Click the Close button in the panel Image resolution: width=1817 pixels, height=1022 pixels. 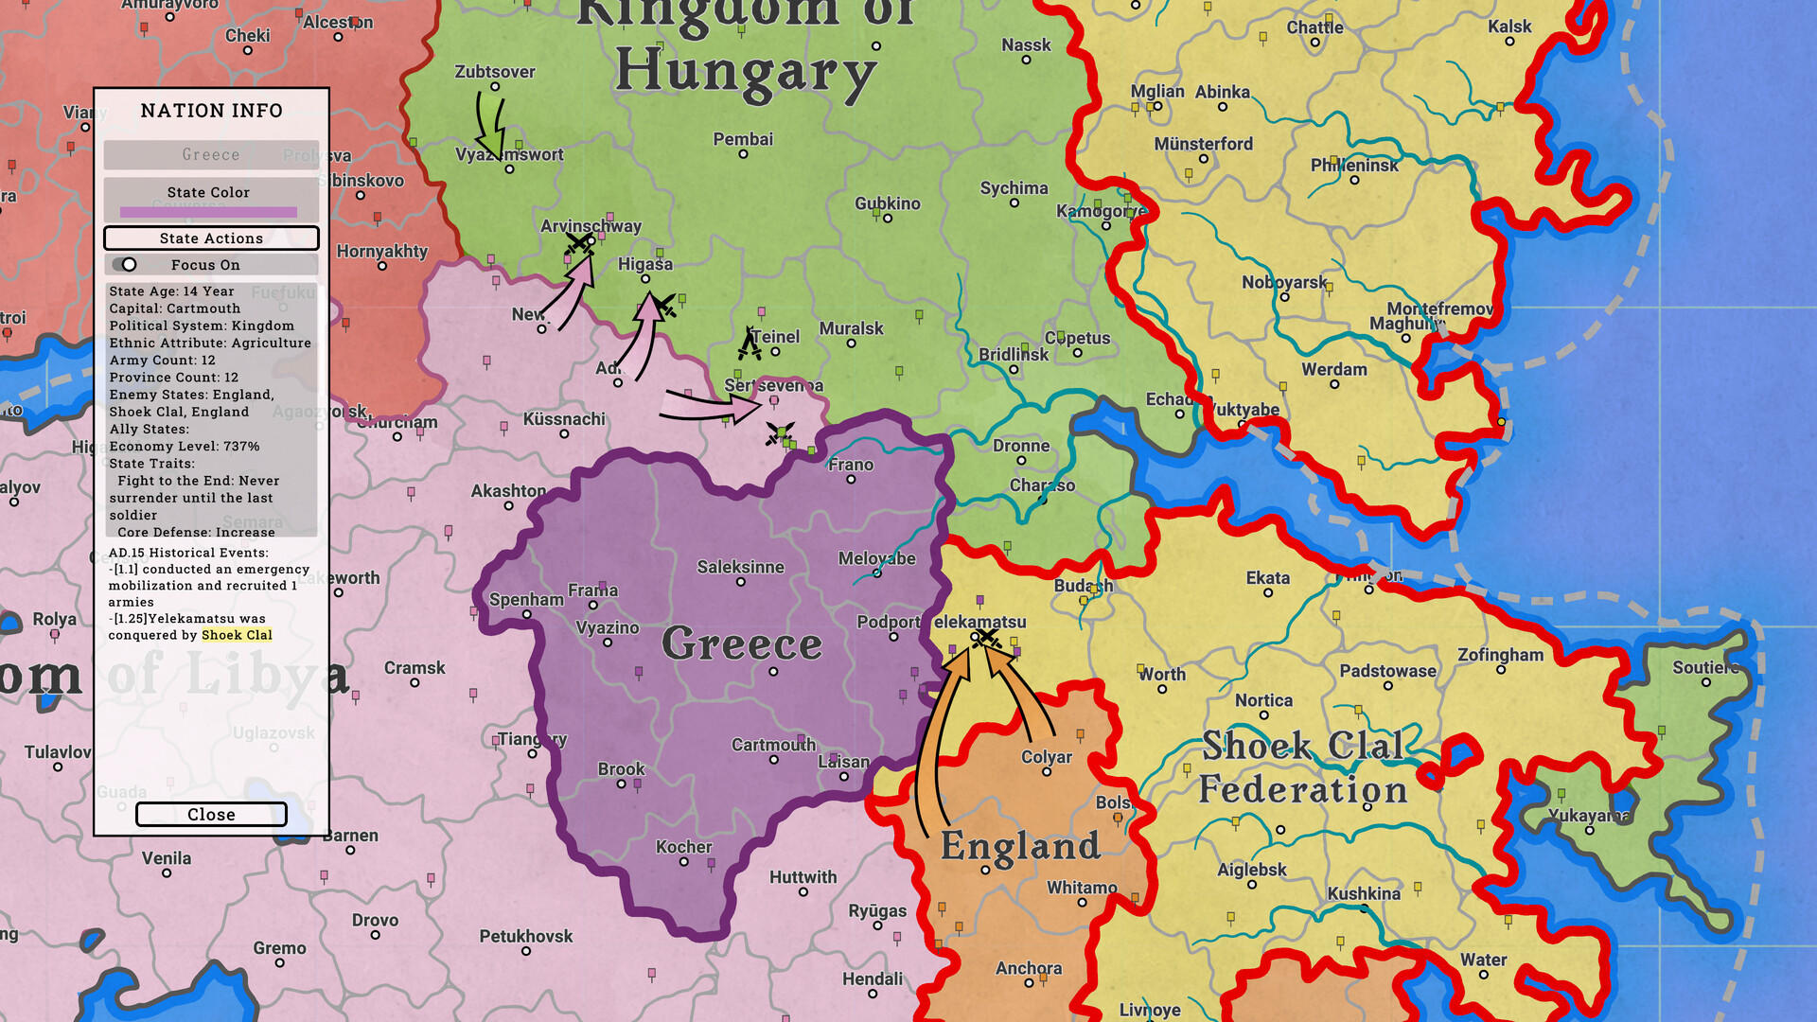point(211,815)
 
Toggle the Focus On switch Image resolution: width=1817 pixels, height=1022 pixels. point(125,265)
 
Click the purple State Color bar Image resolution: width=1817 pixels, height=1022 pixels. point(208,212)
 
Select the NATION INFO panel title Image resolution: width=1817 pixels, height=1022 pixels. point(211,111)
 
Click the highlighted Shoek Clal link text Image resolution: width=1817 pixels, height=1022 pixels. point(237,635)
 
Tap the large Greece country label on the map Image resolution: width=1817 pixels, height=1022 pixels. point(742,644)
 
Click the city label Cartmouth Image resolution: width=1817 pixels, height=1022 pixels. point(773,745)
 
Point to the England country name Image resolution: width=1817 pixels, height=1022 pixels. point(1020,846)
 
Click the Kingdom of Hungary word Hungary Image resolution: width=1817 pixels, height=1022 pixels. point(745,73)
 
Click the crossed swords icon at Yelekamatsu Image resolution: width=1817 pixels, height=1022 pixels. point(987,639)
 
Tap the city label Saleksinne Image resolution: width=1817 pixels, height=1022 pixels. point(740,567)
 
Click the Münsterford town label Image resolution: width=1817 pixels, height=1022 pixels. point(1203,144)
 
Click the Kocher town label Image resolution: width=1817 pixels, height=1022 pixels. point(683,847)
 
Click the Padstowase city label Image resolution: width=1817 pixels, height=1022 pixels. point(1387,671)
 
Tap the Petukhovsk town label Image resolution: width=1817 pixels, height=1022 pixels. point(525,936)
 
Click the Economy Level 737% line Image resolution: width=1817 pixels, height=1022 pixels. point(185,446)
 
